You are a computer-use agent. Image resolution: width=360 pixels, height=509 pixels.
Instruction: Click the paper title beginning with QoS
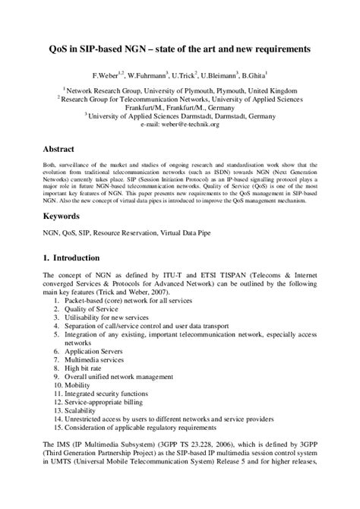coord(180,50)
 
